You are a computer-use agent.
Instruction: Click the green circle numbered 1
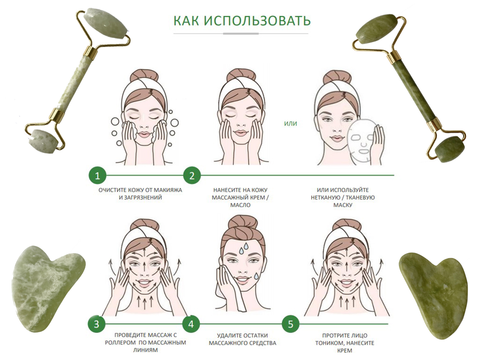click(98, 175)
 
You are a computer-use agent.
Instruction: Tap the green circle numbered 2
click(192, 175)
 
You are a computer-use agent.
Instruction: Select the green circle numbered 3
click(97, 324)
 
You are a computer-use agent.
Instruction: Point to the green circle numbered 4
click(191, 324)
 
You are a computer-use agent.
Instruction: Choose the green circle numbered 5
click(290, 324)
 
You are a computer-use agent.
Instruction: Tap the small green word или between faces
click(290, 124)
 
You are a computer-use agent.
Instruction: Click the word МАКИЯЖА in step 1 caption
click(168, 190)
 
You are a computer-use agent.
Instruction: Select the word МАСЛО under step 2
click(240, 205)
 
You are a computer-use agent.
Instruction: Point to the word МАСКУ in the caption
click(343, 205)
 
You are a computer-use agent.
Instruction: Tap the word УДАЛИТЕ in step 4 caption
click(228, 335)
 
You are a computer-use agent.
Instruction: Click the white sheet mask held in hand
click(361, 142)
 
